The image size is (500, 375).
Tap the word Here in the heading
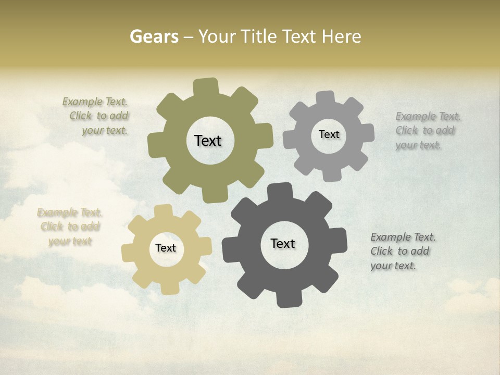[341, 36]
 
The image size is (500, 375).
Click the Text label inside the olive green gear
[208, 141]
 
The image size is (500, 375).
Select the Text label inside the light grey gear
[329, 134]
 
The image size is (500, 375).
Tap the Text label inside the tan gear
[166, 248]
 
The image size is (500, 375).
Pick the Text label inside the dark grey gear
[283, 244]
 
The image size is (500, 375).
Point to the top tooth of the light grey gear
[326, 98]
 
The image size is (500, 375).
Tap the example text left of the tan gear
[70, 227]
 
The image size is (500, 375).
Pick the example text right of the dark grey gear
[402, 251]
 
